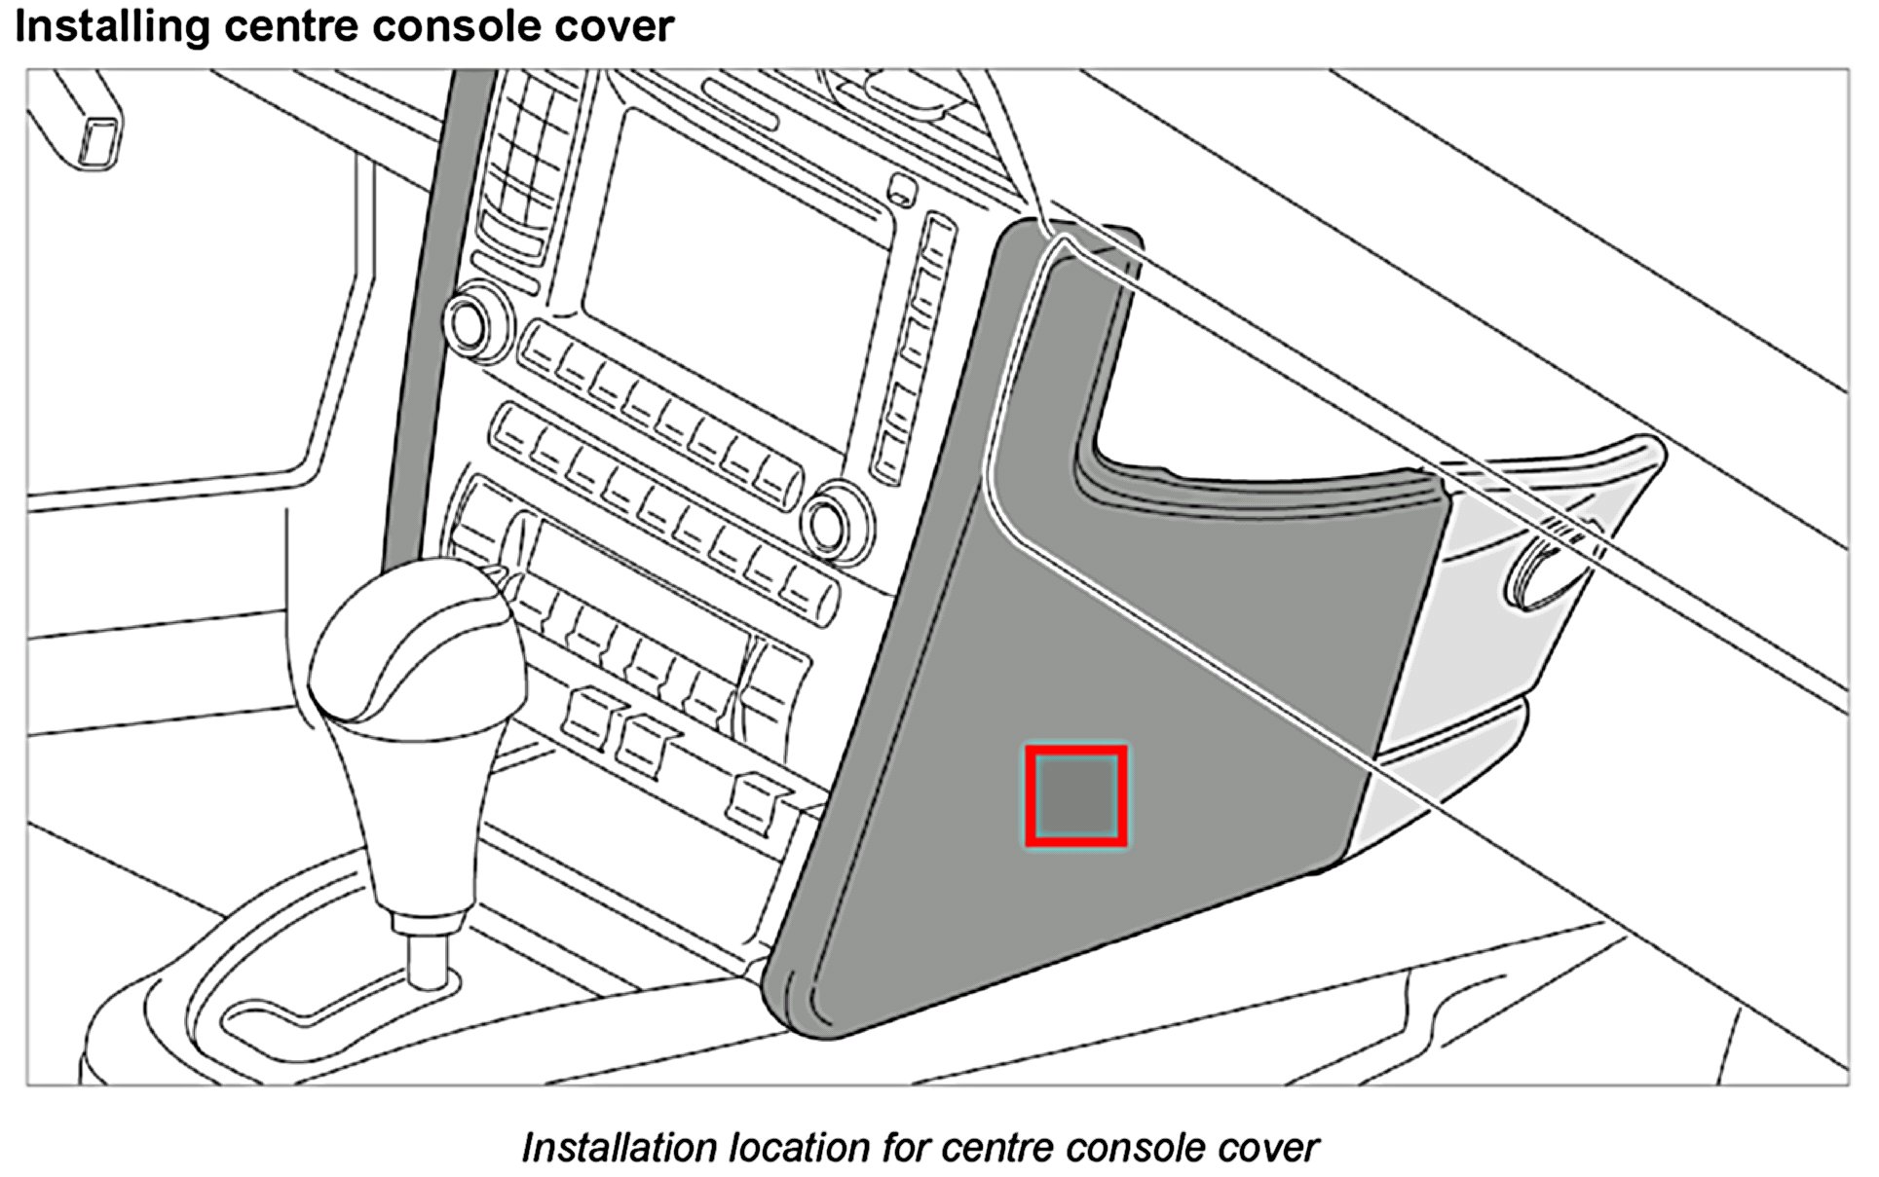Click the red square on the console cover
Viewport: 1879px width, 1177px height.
pos(1075,795)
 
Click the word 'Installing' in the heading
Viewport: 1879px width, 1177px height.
pos(111,26)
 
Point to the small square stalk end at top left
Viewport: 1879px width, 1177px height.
pos(99,139)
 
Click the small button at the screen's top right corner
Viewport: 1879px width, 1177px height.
pos(903,187)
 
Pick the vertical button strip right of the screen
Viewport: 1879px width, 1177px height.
pos(913,350)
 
